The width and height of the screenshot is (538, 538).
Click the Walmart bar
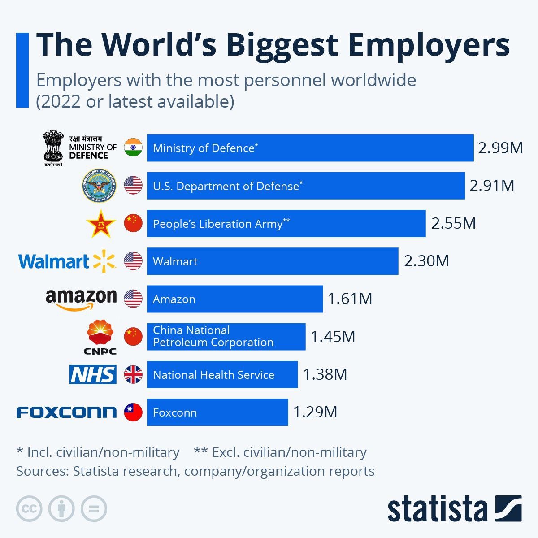click(x=272, y=261)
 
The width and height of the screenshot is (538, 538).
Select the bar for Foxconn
click(x=217, y=412)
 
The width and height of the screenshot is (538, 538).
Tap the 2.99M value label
click(x=500, y=148)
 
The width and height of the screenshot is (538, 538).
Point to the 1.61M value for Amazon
click(x=350, y=299)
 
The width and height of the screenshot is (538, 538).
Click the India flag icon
click(x=133, y=148)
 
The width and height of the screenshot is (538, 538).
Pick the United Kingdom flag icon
click(x=133, y=374)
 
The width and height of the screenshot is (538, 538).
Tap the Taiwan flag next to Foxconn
click(x=133, y=412)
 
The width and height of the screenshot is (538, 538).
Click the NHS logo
click(x=93, y=374)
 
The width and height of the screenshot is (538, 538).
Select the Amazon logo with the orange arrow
click(x=81, y=299)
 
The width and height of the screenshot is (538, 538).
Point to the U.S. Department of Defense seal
click(x=99, y=186)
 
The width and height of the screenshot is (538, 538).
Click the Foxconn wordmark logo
click(x=66, y=412)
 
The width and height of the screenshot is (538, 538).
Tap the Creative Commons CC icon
click(x=29, y=509)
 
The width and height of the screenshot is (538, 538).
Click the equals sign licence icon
click(x=94, y=509)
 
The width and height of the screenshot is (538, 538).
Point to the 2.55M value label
click(x=453, y=223)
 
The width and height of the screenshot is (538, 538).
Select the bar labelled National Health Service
click(x=222, y=374)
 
